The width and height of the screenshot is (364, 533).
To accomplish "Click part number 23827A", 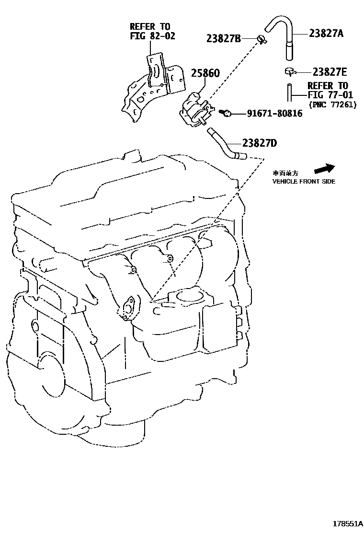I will pos(326,34).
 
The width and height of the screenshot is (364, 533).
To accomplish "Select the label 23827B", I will pos(223,38).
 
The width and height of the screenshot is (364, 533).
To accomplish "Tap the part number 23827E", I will pos(330,72).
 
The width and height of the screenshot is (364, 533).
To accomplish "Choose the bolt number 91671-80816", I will pos(274,114).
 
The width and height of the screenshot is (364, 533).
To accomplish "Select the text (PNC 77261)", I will pos(332,104).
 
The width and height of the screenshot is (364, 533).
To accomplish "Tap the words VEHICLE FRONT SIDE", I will pos(304,182).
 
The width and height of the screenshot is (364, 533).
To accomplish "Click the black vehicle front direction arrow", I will pos(324,169).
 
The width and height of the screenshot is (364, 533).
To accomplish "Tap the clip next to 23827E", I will pos(289,72).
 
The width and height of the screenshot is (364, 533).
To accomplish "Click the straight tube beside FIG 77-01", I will pos(289,93).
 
